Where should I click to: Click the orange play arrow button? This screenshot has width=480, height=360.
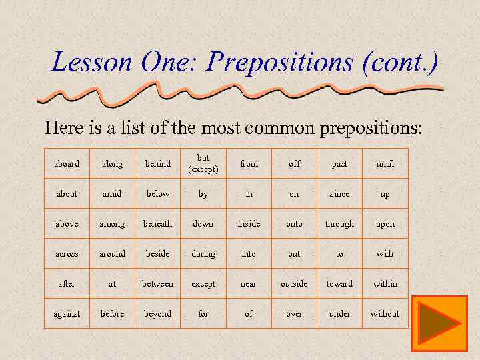[439, 323]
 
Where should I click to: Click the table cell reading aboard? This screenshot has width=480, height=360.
[67, 163]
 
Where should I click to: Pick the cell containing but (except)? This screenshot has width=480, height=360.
[203, 163]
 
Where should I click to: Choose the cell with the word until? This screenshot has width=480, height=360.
[385, 163]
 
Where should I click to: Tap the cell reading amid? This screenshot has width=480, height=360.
[112, 193]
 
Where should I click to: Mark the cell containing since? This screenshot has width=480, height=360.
[339, 193]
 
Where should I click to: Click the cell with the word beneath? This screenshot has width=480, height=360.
[157, 223]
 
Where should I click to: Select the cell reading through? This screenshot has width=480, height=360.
[339, 223]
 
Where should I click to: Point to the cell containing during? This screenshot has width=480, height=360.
[203, 253]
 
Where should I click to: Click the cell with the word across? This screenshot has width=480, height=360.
[67, 253]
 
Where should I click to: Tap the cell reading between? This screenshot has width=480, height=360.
[157, 283]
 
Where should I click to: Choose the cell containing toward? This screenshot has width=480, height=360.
[339, 283]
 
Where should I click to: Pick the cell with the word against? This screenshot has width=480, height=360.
[67, 313]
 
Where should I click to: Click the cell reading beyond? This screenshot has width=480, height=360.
[157, 313]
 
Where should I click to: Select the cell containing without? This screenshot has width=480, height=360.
[385, 313]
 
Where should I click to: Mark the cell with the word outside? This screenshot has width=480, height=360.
[294, 283]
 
